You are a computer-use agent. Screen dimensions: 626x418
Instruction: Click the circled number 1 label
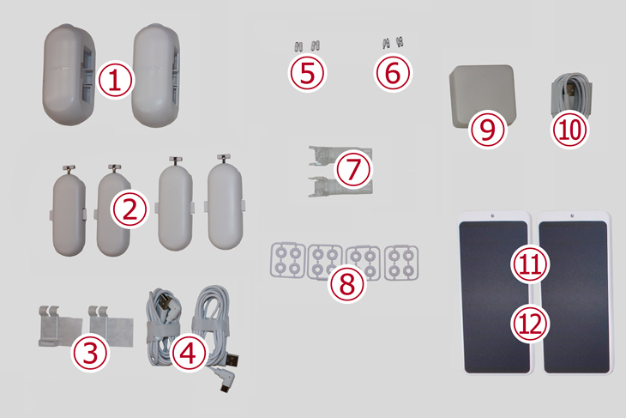pyautogui.click(x=115, y=80)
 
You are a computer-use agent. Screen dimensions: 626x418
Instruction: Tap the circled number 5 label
pyautogui.click(x=307, y=73)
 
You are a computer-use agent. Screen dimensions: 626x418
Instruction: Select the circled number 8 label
pyautogui.click(x=347, y=283)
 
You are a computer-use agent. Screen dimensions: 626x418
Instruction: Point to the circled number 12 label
pyautogui.click(x=530, y=324)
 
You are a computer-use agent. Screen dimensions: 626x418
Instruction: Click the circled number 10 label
pyautogui.click(x=569, y=130)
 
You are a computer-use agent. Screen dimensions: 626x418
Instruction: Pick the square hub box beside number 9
pyautogui.click(x=483, y=95)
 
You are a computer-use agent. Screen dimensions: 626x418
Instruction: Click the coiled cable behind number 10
pyautogui.click(x=571, y=95)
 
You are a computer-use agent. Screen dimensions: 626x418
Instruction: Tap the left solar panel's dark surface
pyautogui.click(x=494, y=296)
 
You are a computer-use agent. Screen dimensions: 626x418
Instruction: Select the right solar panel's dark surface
pyautogui.click(x=575, y=296)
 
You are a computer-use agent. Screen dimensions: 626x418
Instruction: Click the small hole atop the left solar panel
pyautogui.click(x=492, y=215)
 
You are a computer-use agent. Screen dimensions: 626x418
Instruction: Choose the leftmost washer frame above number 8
pyautogui.click(x=287, y=260)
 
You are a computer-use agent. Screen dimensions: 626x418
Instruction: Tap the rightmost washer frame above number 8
pyautogui.click(x=401, y=262)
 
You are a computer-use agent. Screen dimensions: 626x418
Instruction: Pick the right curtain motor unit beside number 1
pyautogui.click(x=156, y=76)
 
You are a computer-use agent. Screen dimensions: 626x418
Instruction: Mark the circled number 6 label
pyautogui.click(x=393, y=73)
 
